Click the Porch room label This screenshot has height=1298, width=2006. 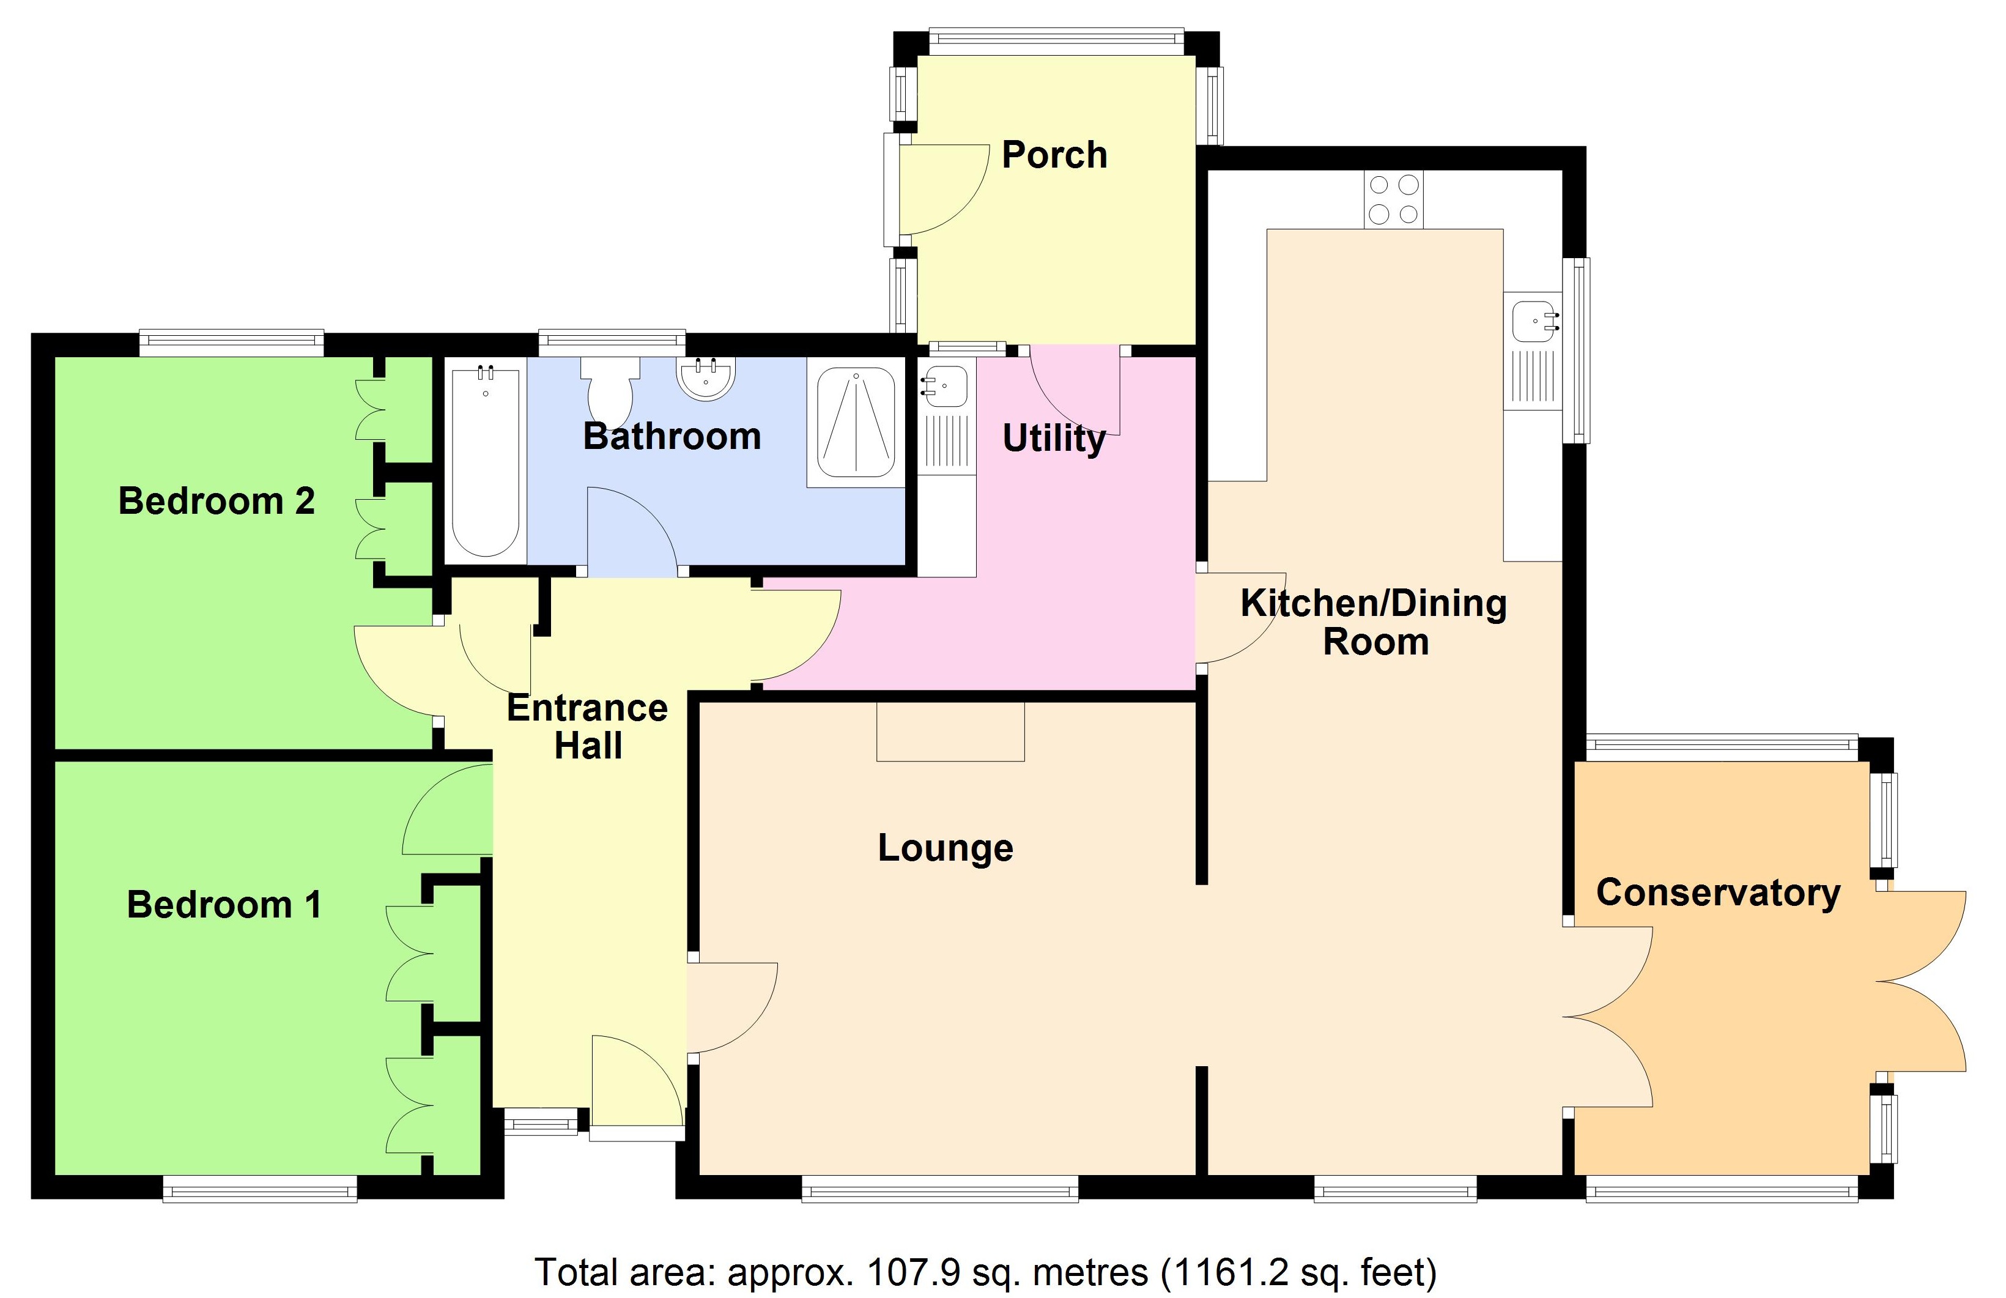[x=1053, y=155]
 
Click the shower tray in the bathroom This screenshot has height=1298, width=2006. [x=855, y=423]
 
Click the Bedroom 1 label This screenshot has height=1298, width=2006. [x=224, y=905]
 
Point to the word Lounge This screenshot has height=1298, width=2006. [x=946, y=848]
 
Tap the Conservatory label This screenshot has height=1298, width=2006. [x=1718, y=892]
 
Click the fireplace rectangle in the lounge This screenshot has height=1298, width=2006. [x=950, y=732]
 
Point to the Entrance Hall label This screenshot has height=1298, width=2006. [x=587, y=727]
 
